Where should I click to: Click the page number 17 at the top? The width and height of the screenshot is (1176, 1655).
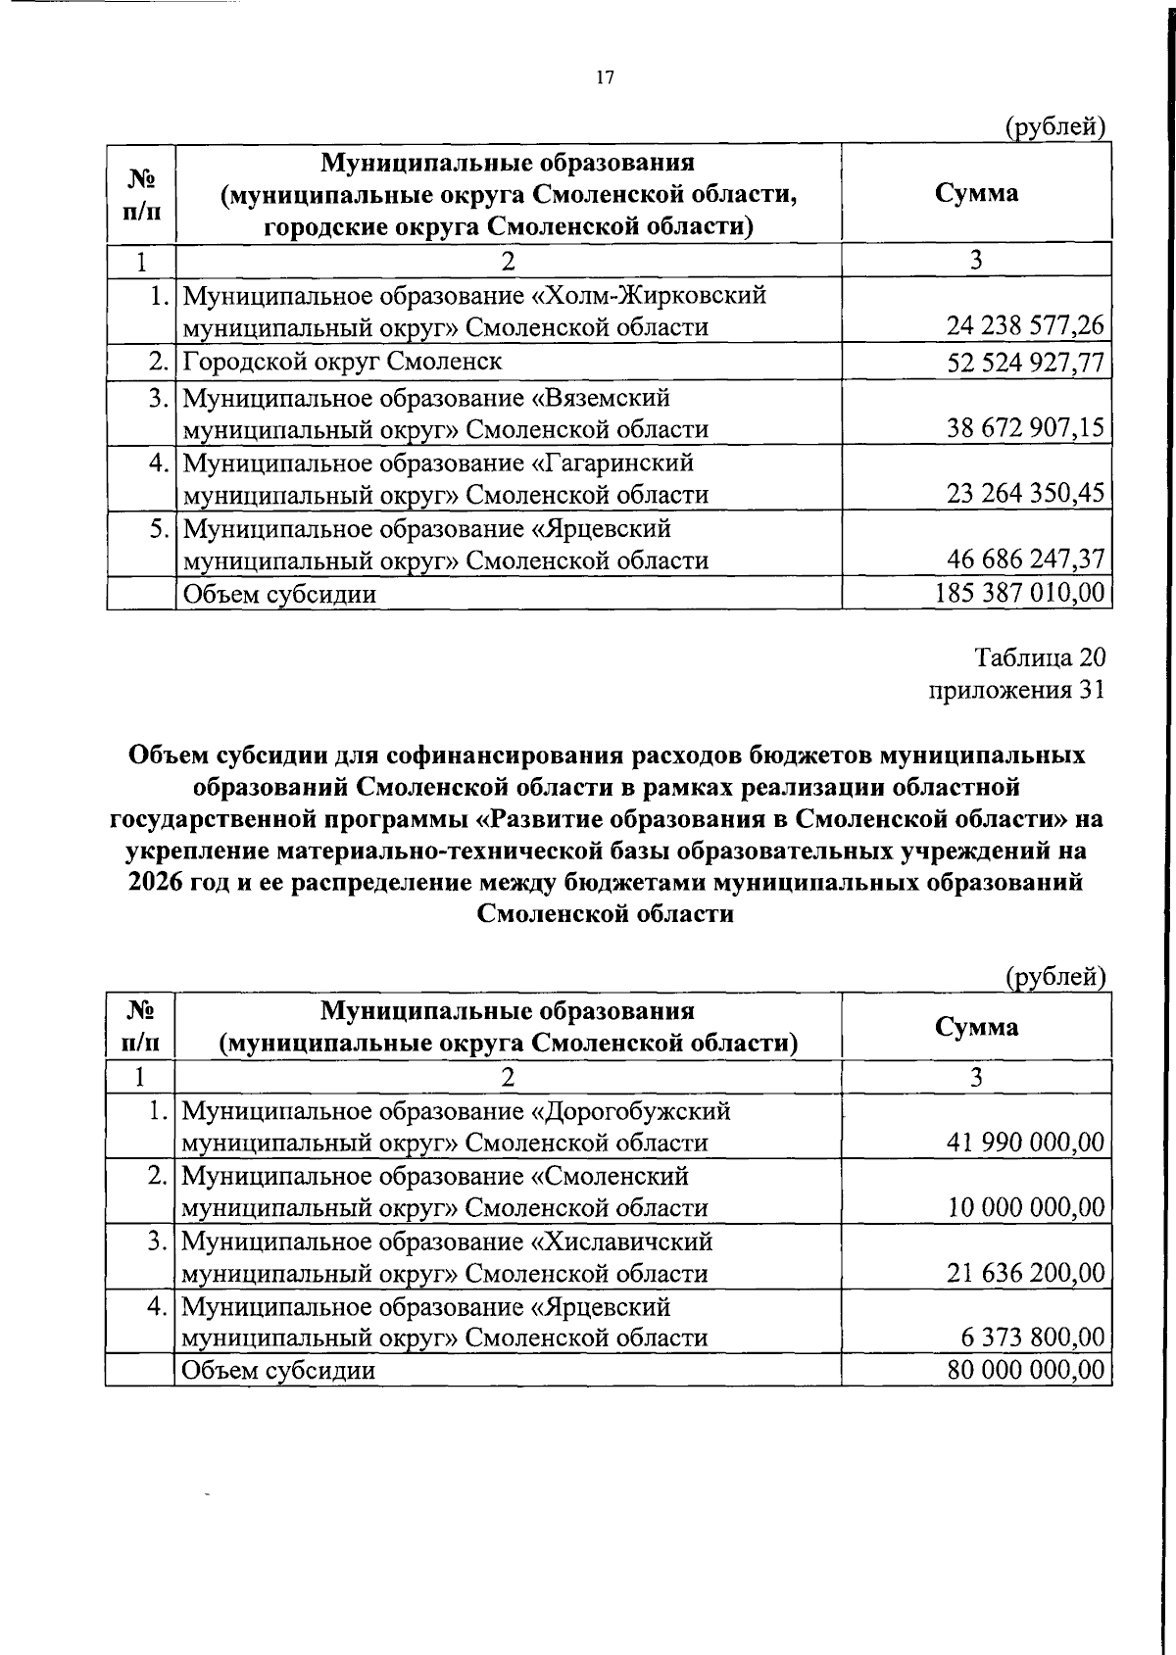pyautogui.click(x=604, y=78)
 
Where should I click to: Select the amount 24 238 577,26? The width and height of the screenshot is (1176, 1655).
pyautogui.click(x=1025, y=325)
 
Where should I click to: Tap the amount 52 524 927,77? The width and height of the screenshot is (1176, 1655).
pyautogui.click(x=1025, y=364)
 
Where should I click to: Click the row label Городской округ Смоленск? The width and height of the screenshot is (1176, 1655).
pyautogui.click(x=342, y=362)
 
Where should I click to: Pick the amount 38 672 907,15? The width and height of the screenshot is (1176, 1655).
pyautogui.click(x=1025, y=428)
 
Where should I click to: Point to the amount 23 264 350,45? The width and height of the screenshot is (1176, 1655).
pyautogui.click(x=1025, y=493)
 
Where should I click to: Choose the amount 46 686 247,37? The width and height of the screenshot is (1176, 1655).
pyautogui.click(x=1025, y=560)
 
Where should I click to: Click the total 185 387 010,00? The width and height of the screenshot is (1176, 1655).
pyautogui.click(x=1020, y=593)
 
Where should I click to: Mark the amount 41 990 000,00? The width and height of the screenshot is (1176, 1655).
pyautogui.click(x=1025, y=1142)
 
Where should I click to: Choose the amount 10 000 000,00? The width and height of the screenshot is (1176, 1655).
pyautogui.click(x=1025, y=1207)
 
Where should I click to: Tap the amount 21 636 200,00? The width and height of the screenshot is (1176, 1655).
pyautogui.click(x=1025, y=1273)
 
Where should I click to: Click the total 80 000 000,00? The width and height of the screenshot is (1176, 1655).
pyautogui.click(x=1025, y=1370)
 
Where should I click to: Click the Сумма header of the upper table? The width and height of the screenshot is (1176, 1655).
pyautogui.click(x=976, y=193)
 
